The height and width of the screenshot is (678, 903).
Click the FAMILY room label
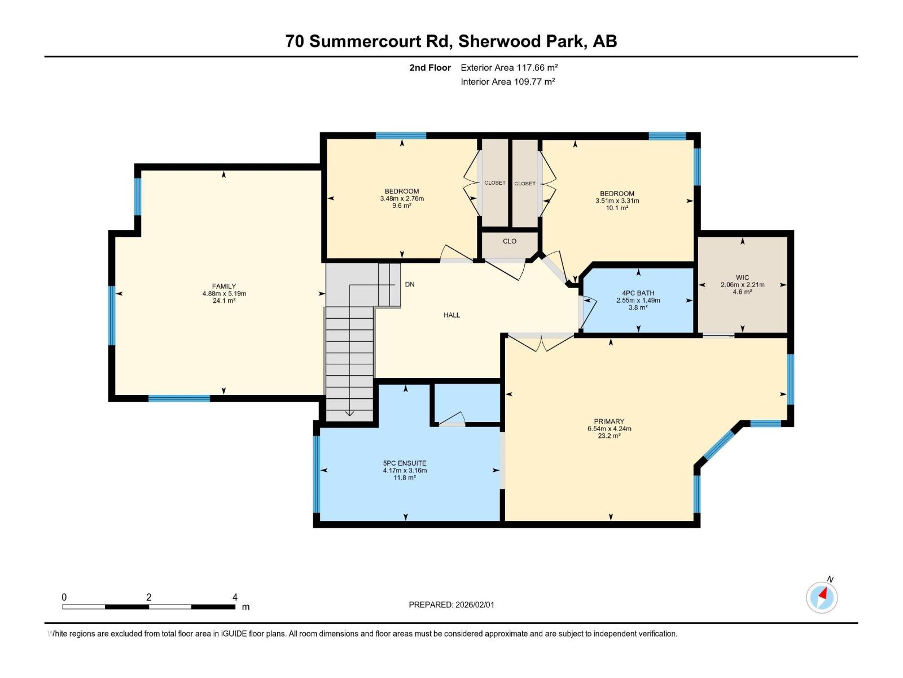(224, 286)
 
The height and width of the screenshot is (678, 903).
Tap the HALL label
(451, 315)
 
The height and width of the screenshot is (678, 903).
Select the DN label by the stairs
(410, 284)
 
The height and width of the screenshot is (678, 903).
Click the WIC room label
(742, 277)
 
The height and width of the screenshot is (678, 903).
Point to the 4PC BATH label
(638, 293)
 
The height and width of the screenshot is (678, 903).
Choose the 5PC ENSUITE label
(405, 463)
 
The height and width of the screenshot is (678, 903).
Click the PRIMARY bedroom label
(609, 421)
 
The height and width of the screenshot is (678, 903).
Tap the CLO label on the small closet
(510, 241)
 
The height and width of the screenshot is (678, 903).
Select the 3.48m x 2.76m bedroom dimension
(402, 199)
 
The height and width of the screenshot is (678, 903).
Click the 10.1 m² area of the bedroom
(617, 208)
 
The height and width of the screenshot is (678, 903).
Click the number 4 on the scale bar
(235, 597)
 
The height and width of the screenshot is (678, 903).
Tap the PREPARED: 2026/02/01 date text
(451, 605)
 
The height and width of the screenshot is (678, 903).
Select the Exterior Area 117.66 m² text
(509, 67)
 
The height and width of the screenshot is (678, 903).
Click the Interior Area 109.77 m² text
(507, 81)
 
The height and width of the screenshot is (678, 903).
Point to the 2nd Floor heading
(430, 67)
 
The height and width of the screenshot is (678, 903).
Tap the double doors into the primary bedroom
(541, 342)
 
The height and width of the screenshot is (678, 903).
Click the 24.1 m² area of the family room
(224, 301)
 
